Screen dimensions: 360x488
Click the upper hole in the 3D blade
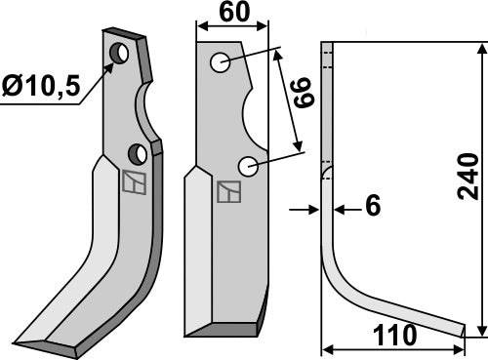[120, 54]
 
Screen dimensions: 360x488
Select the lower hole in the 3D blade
[138, 152]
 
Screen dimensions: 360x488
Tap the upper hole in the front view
[221, 64]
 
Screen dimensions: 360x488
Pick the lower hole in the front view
[249, 167]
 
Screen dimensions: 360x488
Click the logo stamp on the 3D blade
[133, 182]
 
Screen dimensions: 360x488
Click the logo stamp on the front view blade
[226, 193]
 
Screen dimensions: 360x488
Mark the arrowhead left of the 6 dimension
[316, 208]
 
